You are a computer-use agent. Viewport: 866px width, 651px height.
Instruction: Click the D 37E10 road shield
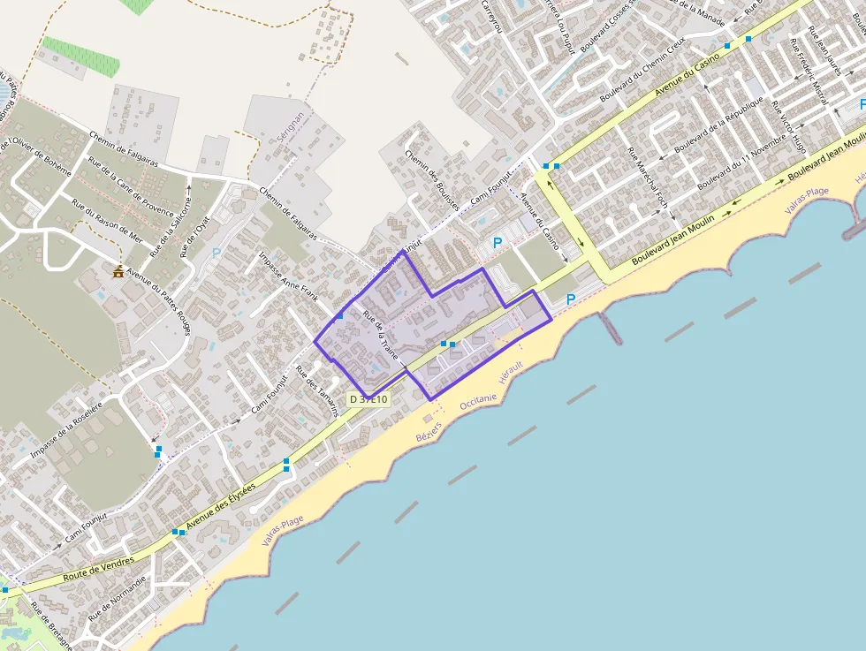click(368, 399)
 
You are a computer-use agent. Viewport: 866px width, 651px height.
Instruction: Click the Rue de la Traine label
click(382, 337)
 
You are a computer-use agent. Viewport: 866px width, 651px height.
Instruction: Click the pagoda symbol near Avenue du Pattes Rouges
click(118, 271)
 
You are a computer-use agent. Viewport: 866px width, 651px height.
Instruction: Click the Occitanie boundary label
click(478, 399)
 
